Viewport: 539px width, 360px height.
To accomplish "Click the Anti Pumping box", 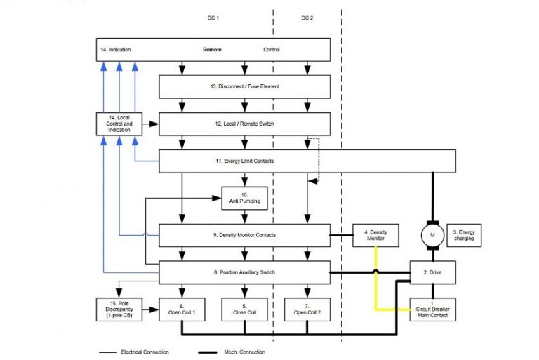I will (244, 197).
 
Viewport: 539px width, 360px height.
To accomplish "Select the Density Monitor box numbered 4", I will (375, 235).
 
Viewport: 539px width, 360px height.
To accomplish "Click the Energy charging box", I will (464, 235).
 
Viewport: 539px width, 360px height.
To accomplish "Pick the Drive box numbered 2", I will (433, 272).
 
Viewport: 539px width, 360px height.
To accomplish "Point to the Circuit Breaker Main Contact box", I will (433, 309).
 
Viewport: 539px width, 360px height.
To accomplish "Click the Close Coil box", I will (244, 309).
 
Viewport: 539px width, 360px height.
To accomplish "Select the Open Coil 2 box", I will (306, 309).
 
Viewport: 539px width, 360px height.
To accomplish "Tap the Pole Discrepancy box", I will (118, 309).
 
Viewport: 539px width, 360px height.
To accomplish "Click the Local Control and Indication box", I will (118, 124).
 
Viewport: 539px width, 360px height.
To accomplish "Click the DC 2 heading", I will (307, 18).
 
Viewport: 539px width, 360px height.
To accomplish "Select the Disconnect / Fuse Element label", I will (244, 86).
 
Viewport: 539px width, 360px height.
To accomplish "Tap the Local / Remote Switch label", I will (244, 124).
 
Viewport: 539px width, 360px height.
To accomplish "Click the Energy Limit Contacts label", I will (244, 161).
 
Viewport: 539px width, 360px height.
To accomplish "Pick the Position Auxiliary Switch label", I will (244, 272).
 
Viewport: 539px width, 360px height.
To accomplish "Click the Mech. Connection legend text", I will (244, 352).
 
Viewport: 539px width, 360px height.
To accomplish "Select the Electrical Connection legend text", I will (145, 352).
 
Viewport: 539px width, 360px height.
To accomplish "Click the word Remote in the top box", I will (212, 50).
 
